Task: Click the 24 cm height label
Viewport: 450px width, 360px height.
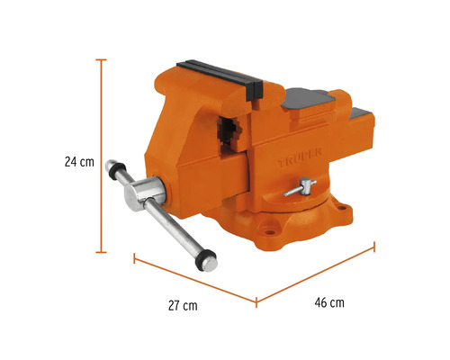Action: point(79,163)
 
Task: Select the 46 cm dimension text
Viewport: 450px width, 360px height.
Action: point(329,302)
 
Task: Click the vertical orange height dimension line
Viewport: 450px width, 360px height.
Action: point(102,153)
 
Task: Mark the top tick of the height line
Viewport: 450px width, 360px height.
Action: point(102,59)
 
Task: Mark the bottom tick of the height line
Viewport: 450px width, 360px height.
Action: point(102,249)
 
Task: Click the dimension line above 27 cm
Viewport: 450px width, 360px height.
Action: point(193,280)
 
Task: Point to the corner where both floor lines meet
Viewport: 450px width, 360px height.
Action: point(256,300)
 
